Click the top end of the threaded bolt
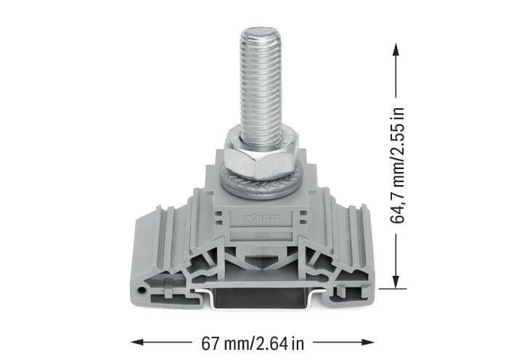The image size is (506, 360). pyautogui.click(x=260, y=32)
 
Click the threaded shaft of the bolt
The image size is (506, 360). pyautogui.click(x=260, y=80)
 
